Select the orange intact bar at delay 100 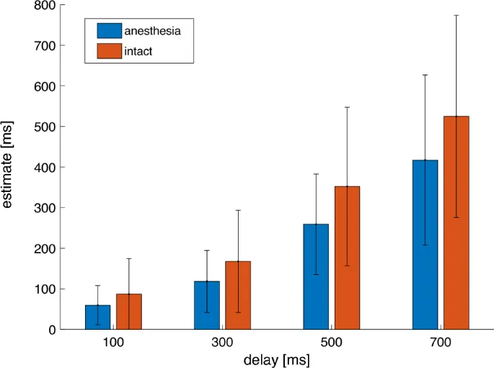128,312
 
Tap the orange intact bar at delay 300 237,295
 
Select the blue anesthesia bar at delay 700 425,245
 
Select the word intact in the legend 138,51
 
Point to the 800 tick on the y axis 45,5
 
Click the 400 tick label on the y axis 45,167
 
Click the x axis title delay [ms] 277,359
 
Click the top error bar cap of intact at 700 456,15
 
